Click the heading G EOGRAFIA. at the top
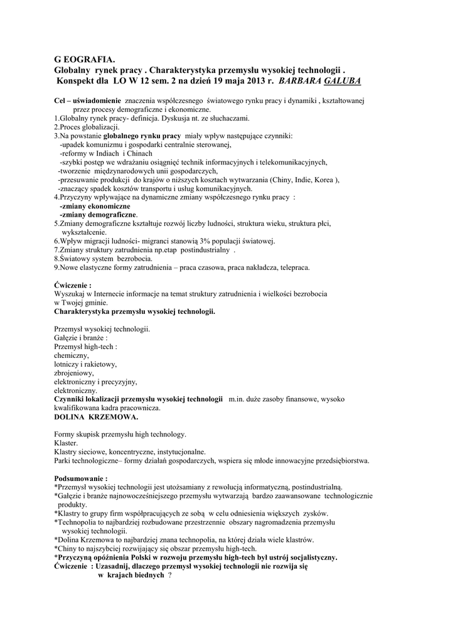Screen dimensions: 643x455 (85, 59)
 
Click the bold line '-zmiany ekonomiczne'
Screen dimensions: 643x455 (95, 206)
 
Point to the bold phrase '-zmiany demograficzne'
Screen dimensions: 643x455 (98, 214)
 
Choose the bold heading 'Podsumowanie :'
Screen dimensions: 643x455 (81, 478)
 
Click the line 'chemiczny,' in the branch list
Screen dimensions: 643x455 (72, 355)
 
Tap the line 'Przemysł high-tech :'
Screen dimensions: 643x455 (86, 346)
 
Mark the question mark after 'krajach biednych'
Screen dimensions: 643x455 (169, 575)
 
